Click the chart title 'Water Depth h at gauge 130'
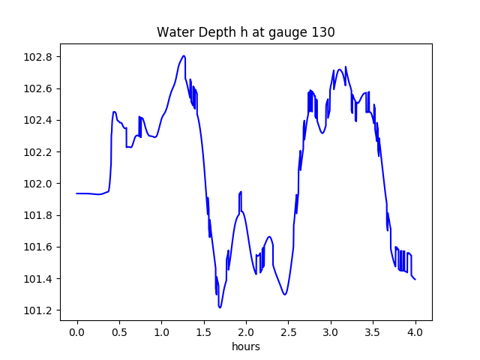click(x=245, y=32)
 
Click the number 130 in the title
click(x=323, y=32)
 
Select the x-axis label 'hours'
click(x=246, y=347)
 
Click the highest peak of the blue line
click(x=183, y=55)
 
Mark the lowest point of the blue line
click(x=220, y=307)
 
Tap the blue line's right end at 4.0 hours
click(x=415, y=279)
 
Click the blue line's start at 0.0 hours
click(x=77, y=193)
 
